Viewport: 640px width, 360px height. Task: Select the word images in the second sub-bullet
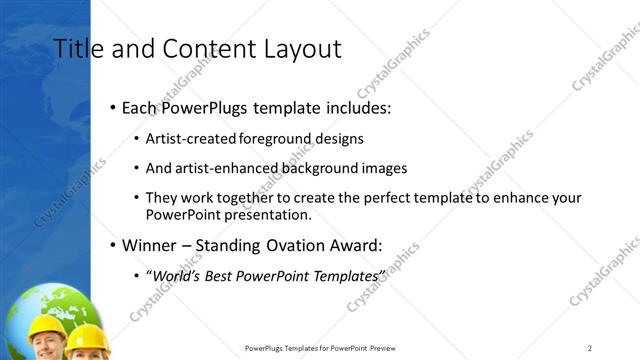[383, 168]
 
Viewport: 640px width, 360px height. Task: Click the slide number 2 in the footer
[590, 348]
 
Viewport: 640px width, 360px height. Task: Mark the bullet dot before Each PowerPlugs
[112, 107]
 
